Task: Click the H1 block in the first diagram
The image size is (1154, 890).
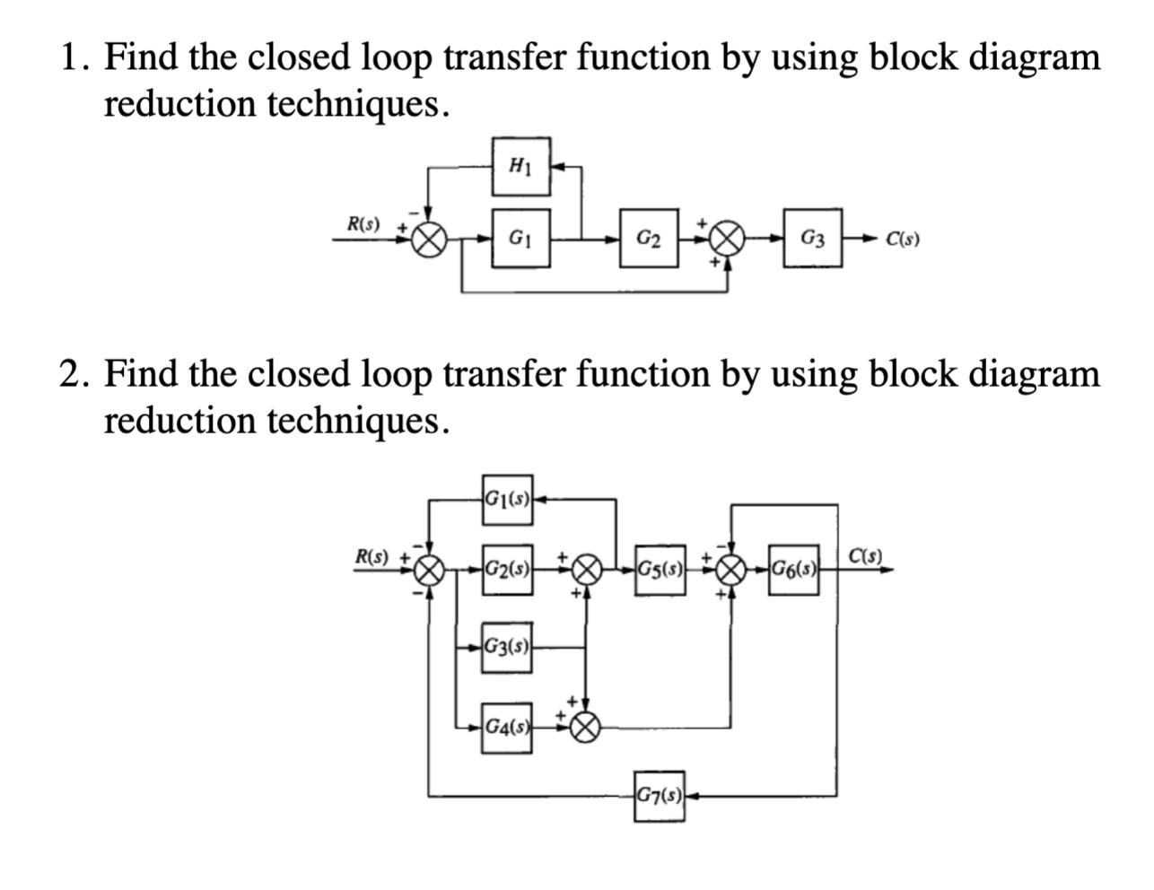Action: tap(520, 166)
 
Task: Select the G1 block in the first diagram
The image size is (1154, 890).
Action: tap(520, 239)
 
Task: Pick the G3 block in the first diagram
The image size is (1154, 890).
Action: tap(813, 239)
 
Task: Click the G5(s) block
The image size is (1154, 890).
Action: tap(660, 569)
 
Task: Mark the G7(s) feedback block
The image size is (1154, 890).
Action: tap(660, 795)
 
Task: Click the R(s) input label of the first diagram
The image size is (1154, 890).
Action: tap(363, 223)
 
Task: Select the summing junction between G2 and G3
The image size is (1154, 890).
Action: tap(727, 239)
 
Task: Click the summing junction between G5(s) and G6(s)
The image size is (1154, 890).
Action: tap(732, 569)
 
